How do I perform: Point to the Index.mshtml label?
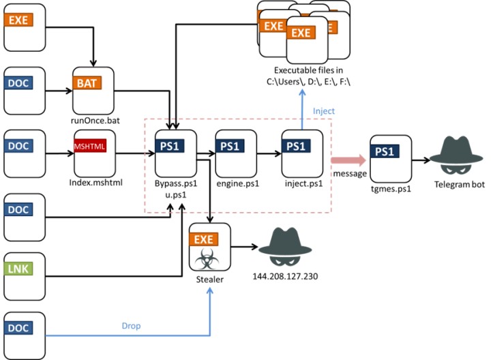[95, 183]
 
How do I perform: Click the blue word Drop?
[131, 326]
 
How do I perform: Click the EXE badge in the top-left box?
[18, 20]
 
